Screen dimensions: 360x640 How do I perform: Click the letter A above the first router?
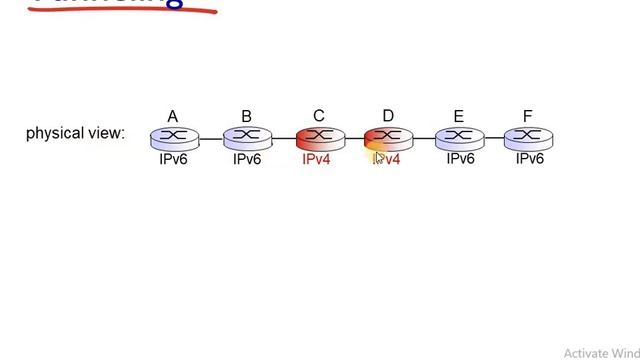tap(173, 117)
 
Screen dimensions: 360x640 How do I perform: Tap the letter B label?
tap(246, 117)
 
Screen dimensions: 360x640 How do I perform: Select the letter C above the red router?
tap(319, 117)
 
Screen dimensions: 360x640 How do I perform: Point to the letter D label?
tap(388, 117)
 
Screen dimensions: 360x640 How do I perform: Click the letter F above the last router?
tap(528, 117)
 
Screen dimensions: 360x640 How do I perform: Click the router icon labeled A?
tap(174, 138)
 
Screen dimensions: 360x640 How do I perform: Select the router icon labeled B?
tap(247, 138)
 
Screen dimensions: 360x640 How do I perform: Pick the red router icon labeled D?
tap(387, 138)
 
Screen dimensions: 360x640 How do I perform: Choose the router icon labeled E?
tap(459, 138)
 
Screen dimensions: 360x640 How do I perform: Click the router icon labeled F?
tap(528, 138)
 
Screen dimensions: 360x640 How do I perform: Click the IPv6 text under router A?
tap(173, 159)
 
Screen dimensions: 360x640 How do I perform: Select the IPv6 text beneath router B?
tap(247, 159)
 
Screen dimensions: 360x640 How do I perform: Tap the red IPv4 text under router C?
tap(316, 159)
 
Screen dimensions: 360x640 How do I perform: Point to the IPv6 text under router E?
tap(460, 159)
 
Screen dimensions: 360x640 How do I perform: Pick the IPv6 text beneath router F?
tap(530, 159)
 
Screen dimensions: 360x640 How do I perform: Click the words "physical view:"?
tap(75, 133)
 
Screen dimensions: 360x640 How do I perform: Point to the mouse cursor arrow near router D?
tap(380, 156)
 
